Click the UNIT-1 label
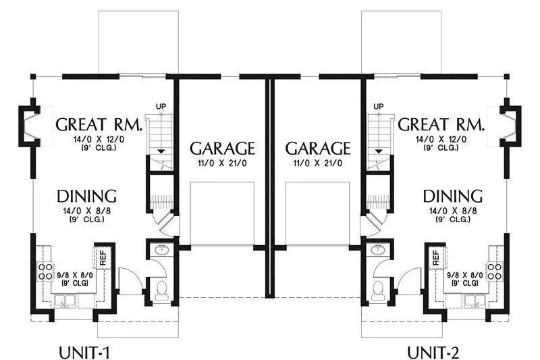(x=85, y=353)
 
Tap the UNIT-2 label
(x=433, y=353)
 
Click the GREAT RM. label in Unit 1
(x=99, y=124)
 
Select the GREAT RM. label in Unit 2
(x=441, y=124)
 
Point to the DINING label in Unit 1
(x=86, y=196)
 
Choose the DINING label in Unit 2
(x=452, y=196)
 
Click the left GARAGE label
(x=222, y=149)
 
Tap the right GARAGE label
(x=317, y=149)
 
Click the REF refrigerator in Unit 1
(x=103, y=257)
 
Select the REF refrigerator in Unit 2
(x=436, y=257)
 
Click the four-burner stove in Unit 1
(x=45, y=271)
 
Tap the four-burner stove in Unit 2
(x=495, y=271)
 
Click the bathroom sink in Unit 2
(x=379, y=249)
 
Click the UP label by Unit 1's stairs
(x=161, y=107)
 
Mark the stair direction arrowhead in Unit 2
(x=379, y=151)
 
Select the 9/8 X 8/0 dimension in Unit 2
(x=465, y=276)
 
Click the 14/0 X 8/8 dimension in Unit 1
(x=87, y=211)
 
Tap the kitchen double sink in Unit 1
(x=65, y=301)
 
